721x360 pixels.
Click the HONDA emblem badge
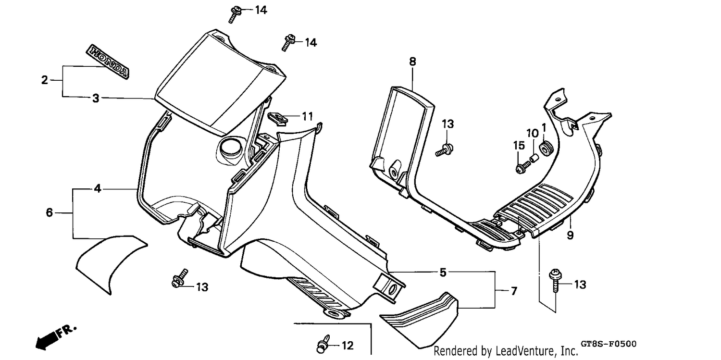click(x=108, y=62)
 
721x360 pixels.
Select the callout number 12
click(x=348, y=346)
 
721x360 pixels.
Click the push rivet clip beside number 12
click(x=323, y=344)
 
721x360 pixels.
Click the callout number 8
click(x=412, y=62)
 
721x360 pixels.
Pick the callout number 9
click(x=570, y=235)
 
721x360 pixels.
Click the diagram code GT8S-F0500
click(x=609, y=344)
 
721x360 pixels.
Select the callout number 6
click(x=49, y=212)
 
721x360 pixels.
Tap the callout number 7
click(x=514, y=291)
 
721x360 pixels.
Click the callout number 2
click(x=44, y=80)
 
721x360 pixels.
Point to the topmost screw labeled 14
click(x=235, y=14)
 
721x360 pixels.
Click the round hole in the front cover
click(x=230, y=149)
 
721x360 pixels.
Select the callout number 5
click(x=443, y=273)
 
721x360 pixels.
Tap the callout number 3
click(x=96, y=99)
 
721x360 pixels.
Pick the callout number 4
click(x=98, y=188)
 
